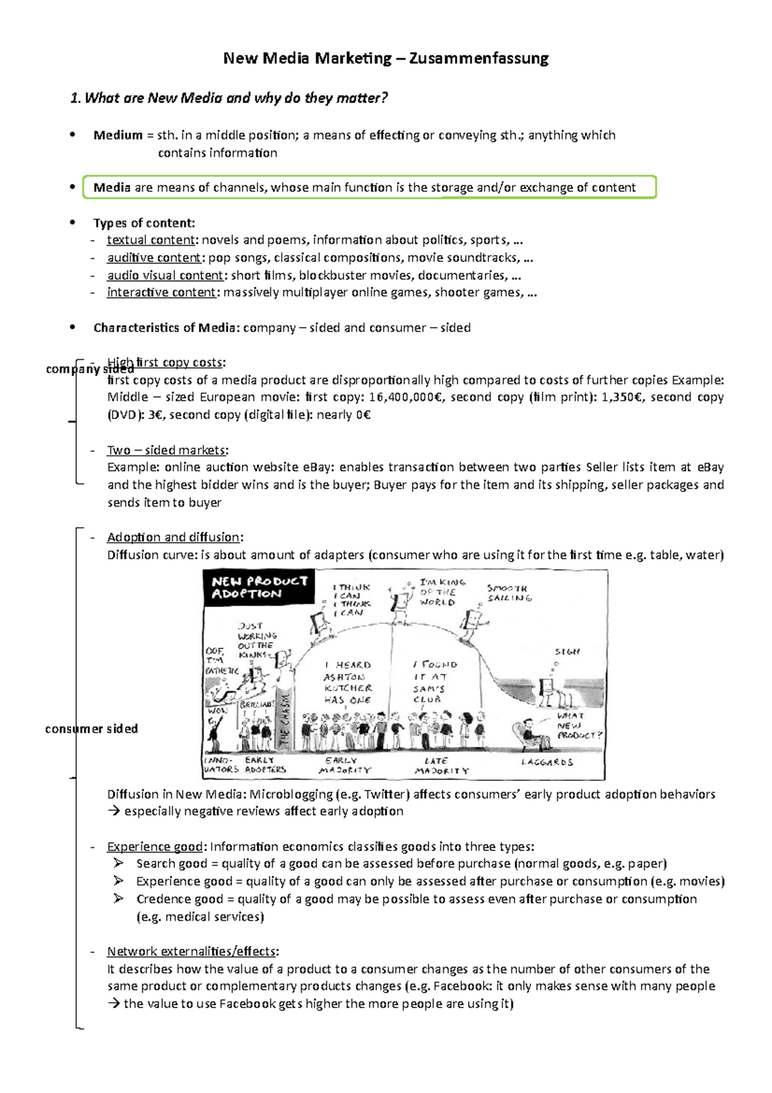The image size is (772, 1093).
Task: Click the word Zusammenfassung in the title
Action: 479,59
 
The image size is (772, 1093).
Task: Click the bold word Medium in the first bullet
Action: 118,135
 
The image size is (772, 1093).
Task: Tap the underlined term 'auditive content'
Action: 154,257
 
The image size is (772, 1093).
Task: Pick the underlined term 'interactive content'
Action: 161,292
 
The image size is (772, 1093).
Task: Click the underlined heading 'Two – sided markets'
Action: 167,450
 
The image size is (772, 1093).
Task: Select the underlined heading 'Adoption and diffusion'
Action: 174,537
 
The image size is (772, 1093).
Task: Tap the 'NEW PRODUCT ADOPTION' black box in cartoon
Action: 259,586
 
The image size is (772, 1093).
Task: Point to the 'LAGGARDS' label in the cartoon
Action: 547,762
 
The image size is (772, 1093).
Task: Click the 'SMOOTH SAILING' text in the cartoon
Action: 509,593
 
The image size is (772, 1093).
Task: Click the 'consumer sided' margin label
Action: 91,729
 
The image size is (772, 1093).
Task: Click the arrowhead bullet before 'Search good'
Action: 119,863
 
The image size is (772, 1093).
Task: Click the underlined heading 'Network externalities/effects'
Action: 192,951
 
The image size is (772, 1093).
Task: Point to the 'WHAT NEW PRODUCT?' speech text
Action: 578,725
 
